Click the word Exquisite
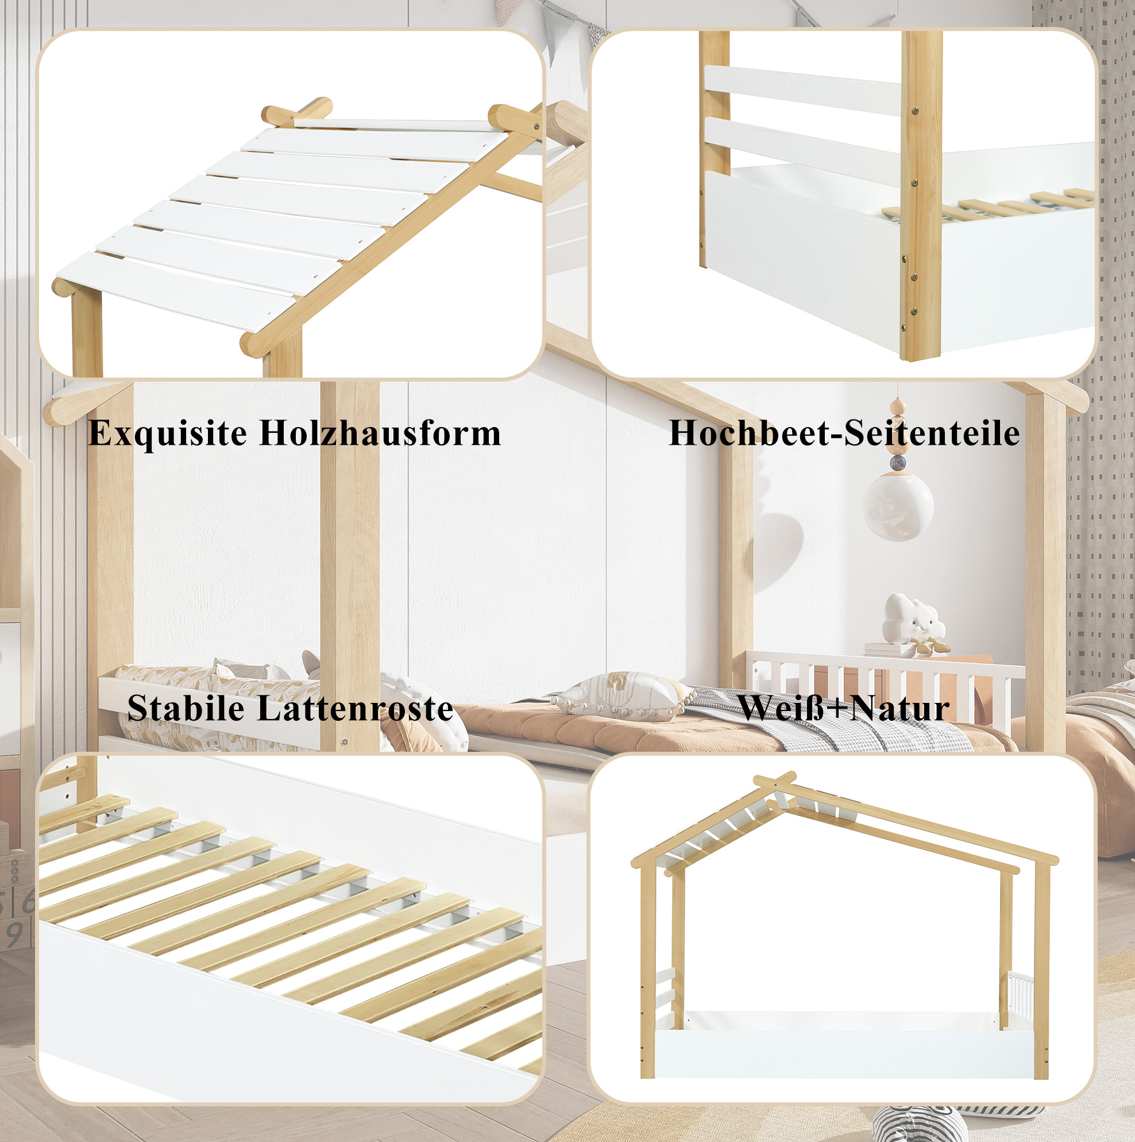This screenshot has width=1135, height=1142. [x=168, y=434]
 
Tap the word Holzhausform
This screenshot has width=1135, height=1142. [x=380, y=433]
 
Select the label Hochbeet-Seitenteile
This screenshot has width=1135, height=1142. [x=844, y=433]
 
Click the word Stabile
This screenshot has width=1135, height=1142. [x=186, y=707]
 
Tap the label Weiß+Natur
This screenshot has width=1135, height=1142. [x=843, y=707]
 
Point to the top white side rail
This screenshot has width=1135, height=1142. [x=803, y=90]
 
